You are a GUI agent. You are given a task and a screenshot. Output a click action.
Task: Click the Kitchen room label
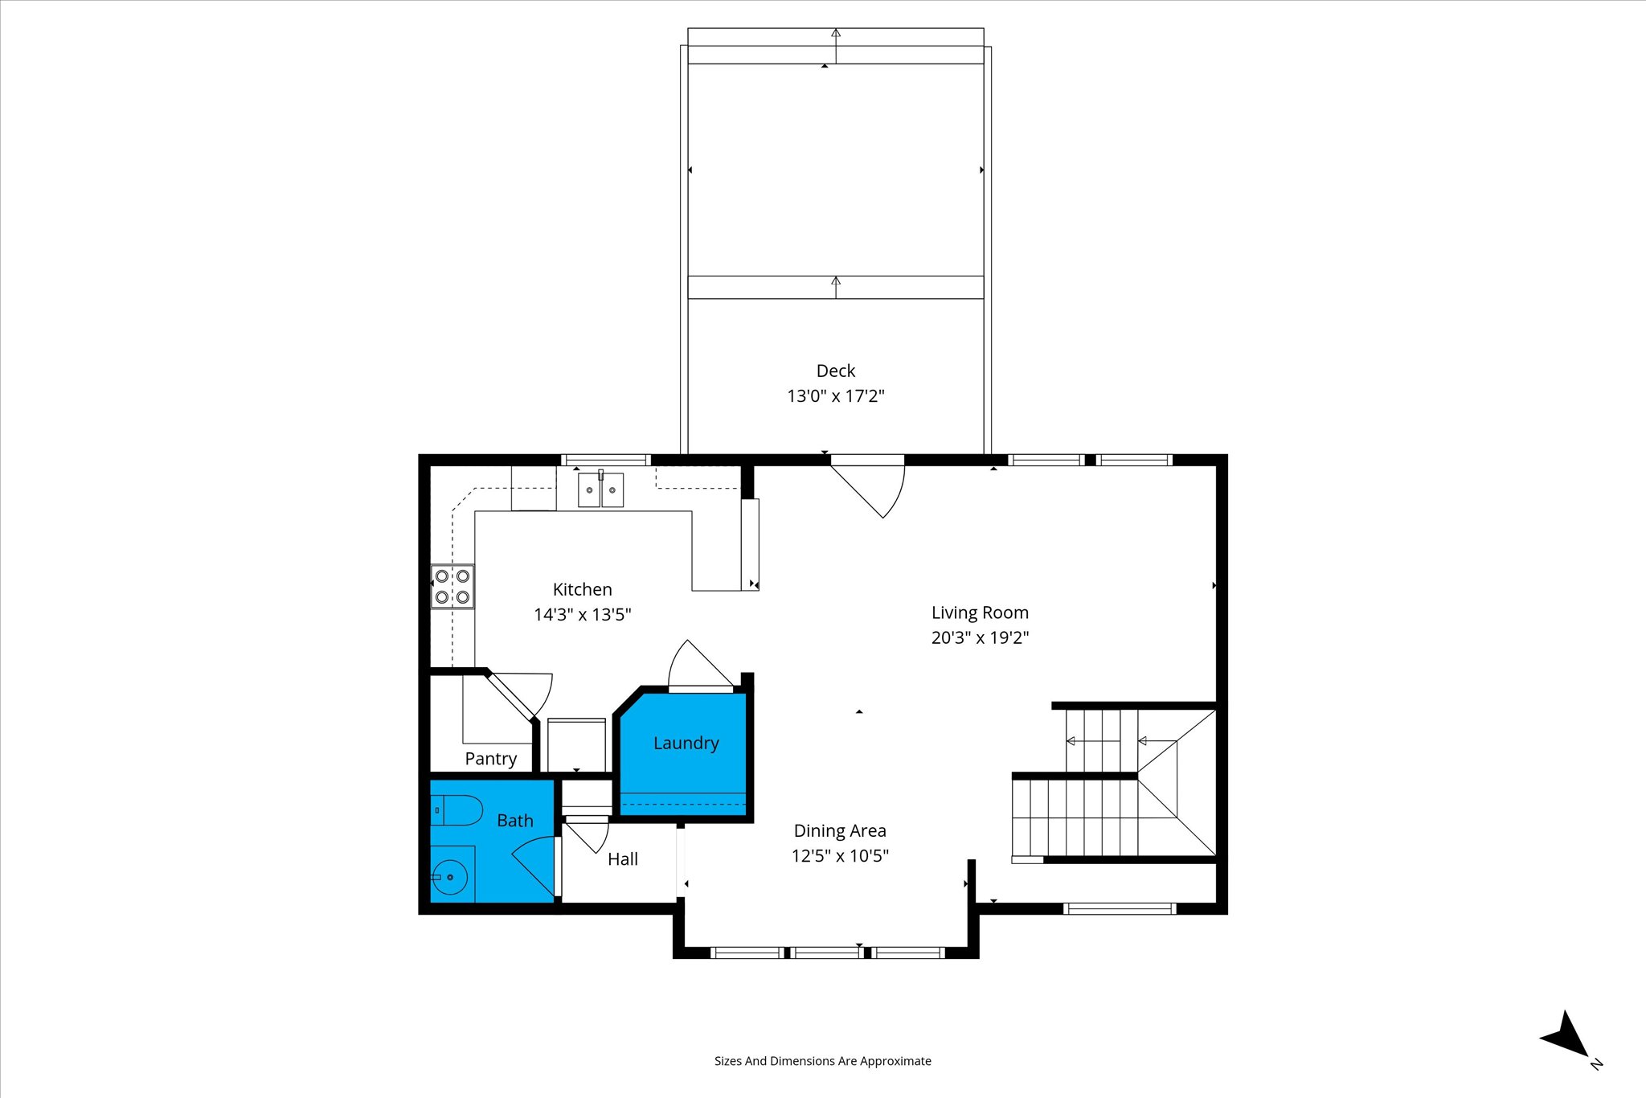582,589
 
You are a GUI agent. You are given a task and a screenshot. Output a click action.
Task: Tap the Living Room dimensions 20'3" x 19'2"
980,637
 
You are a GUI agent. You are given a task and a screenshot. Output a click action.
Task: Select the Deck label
836,371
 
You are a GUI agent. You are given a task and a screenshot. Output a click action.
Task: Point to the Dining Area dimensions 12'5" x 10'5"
840,855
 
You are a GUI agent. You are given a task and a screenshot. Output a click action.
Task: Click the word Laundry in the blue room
686,744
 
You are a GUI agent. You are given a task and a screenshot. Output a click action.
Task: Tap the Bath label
515,821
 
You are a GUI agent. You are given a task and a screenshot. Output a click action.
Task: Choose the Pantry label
490,759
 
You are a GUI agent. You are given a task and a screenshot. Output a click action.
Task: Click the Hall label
623,859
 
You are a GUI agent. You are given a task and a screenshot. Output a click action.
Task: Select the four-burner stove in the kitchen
452,586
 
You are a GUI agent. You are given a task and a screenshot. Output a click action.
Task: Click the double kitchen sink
600,490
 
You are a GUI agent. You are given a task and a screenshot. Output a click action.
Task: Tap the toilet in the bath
457,810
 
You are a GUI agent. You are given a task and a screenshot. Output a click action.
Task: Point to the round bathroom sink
450,876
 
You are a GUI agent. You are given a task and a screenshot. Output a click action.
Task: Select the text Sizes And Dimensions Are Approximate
823,1061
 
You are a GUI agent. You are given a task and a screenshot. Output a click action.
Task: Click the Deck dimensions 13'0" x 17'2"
836,395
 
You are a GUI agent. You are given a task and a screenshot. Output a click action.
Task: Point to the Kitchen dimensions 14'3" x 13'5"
583,615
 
